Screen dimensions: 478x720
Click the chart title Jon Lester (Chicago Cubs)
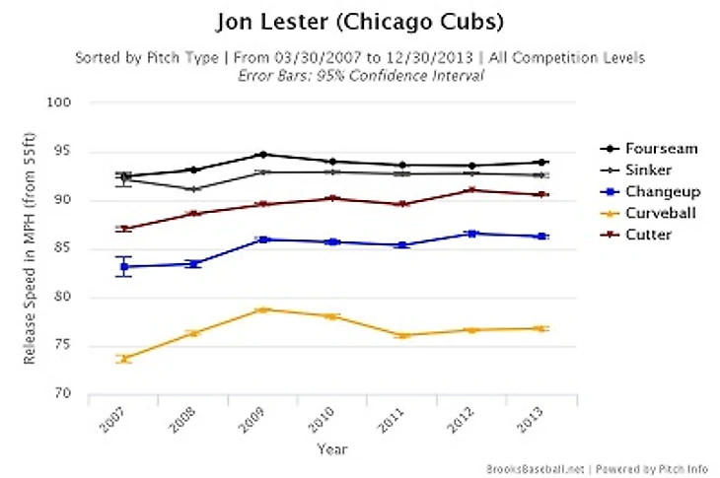point(360,21)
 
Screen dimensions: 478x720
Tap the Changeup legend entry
point(652,192)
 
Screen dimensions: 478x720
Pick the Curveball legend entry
point(652,214)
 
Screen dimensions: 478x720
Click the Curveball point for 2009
point(263,309)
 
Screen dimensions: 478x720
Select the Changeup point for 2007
point(124,266)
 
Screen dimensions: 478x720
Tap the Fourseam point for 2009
point(263,155)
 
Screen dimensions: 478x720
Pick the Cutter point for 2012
point(472,190)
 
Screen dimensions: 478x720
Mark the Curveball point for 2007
point(124,359)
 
